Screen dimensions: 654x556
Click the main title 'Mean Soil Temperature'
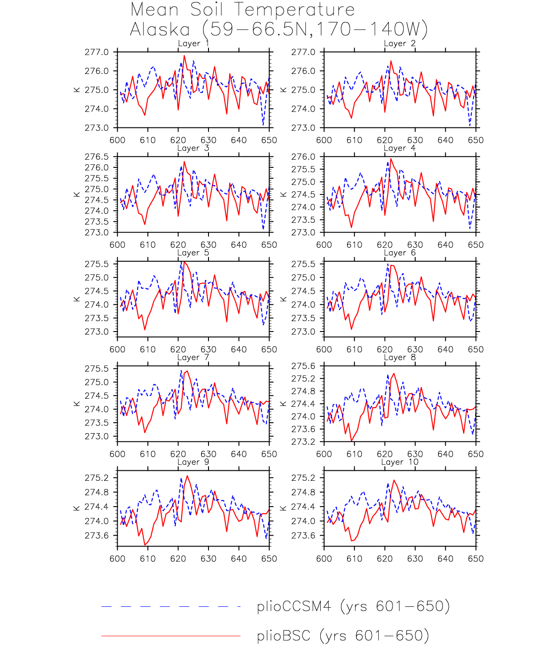pyautogui.click(x=243, y=10)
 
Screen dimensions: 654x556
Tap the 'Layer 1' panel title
pyautogui.click(x=193, y=44)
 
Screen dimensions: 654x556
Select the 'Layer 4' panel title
pyautogui.click(x=399, y=148)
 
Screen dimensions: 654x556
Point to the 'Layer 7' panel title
pyautogui.click(x=193, y=357)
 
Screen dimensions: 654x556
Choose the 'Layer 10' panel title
pyautogui.click(x=399, y=462)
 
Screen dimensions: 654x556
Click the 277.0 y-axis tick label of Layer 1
pyautogui.click(x=97, y=52)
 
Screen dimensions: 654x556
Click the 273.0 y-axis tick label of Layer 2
pyautogui.click(x=303, y=128)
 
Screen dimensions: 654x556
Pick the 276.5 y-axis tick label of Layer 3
pyautogui.click(x=97, y=157)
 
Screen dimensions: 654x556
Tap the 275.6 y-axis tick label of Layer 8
pyautogui.click(x=303, y=366)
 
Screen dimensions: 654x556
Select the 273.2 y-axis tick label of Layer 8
pyautogui.click(x=303, y=442)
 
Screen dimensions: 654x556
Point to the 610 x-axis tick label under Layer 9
pyautogui.click(x=148, y=559)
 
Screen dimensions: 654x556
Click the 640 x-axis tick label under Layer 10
pyautogui.click(x=445, y=559)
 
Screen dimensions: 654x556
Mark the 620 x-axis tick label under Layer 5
pyautogui.click(x=178, y=350)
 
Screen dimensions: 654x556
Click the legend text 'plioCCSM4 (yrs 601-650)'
pyautogui.click(x=353, y=606)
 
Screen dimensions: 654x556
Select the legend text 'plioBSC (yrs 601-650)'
pyautogui.click(x=343, y=636)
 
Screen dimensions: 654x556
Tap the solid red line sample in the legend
pyautogui.click(x=171, y=636)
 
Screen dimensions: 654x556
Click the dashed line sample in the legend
pyautogui.click(x=171, y=606)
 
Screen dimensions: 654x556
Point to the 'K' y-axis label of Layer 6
pyautogui.click(x=283, y=299)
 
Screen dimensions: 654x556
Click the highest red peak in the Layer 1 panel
pyautogui.click(x=184, y=56)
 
